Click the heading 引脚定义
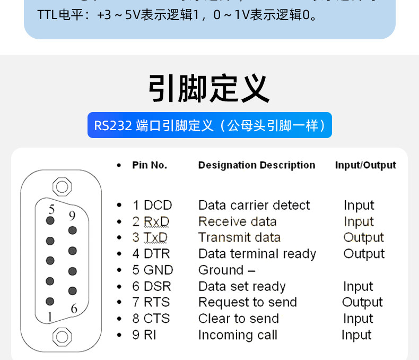click(209, 88)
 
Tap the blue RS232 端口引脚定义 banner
click(210, 125)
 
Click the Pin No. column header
click(150, 165)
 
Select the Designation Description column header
click(257, 165)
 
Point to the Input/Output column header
click(365, 165)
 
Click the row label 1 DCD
click(152, 205)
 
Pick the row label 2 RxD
click(151, 221)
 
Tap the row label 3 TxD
click(150, 237)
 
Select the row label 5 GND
click(153, 270)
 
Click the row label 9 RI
click(144, 335)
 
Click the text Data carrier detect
click(254, 205)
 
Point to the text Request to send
click(247, 302)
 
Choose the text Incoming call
click(238, 335)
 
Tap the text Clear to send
click(238, 319)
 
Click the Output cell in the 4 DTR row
click(363, 254)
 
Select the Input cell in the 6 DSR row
click(358, 286)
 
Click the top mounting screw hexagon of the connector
click(62, 187)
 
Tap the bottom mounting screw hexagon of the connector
click(62, 336)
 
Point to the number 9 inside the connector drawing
click(72, 216)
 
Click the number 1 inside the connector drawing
click(50, 317)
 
